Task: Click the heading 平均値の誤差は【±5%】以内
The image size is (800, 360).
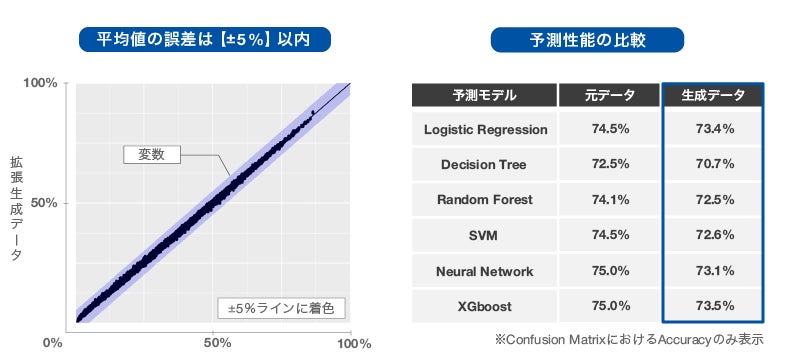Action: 205,39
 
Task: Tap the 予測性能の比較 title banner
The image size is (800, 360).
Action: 587,39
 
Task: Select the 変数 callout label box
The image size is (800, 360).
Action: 152,155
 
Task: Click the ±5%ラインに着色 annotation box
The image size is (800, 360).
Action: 282,308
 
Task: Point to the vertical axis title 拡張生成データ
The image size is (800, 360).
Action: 16,210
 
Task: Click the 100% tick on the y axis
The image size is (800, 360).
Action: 41,83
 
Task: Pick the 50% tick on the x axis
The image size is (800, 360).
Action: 218,343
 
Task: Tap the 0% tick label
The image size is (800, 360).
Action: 53,343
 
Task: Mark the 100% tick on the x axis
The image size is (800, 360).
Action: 354,343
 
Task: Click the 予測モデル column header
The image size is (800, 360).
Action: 484,95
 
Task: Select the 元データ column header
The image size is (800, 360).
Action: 610,95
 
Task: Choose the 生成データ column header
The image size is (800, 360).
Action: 713,95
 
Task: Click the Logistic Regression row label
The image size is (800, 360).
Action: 485,130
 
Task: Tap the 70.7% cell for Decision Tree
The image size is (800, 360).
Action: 715,164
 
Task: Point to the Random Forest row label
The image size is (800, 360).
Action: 484,199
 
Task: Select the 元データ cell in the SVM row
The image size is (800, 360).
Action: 610,235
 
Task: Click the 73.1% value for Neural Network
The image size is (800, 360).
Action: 715,271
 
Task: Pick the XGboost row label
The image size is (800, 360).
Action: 484,306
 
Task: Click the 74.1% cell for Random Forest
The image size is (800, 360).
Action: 610,199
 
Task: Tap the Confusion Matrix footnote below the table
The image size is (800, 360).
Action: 629,339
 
